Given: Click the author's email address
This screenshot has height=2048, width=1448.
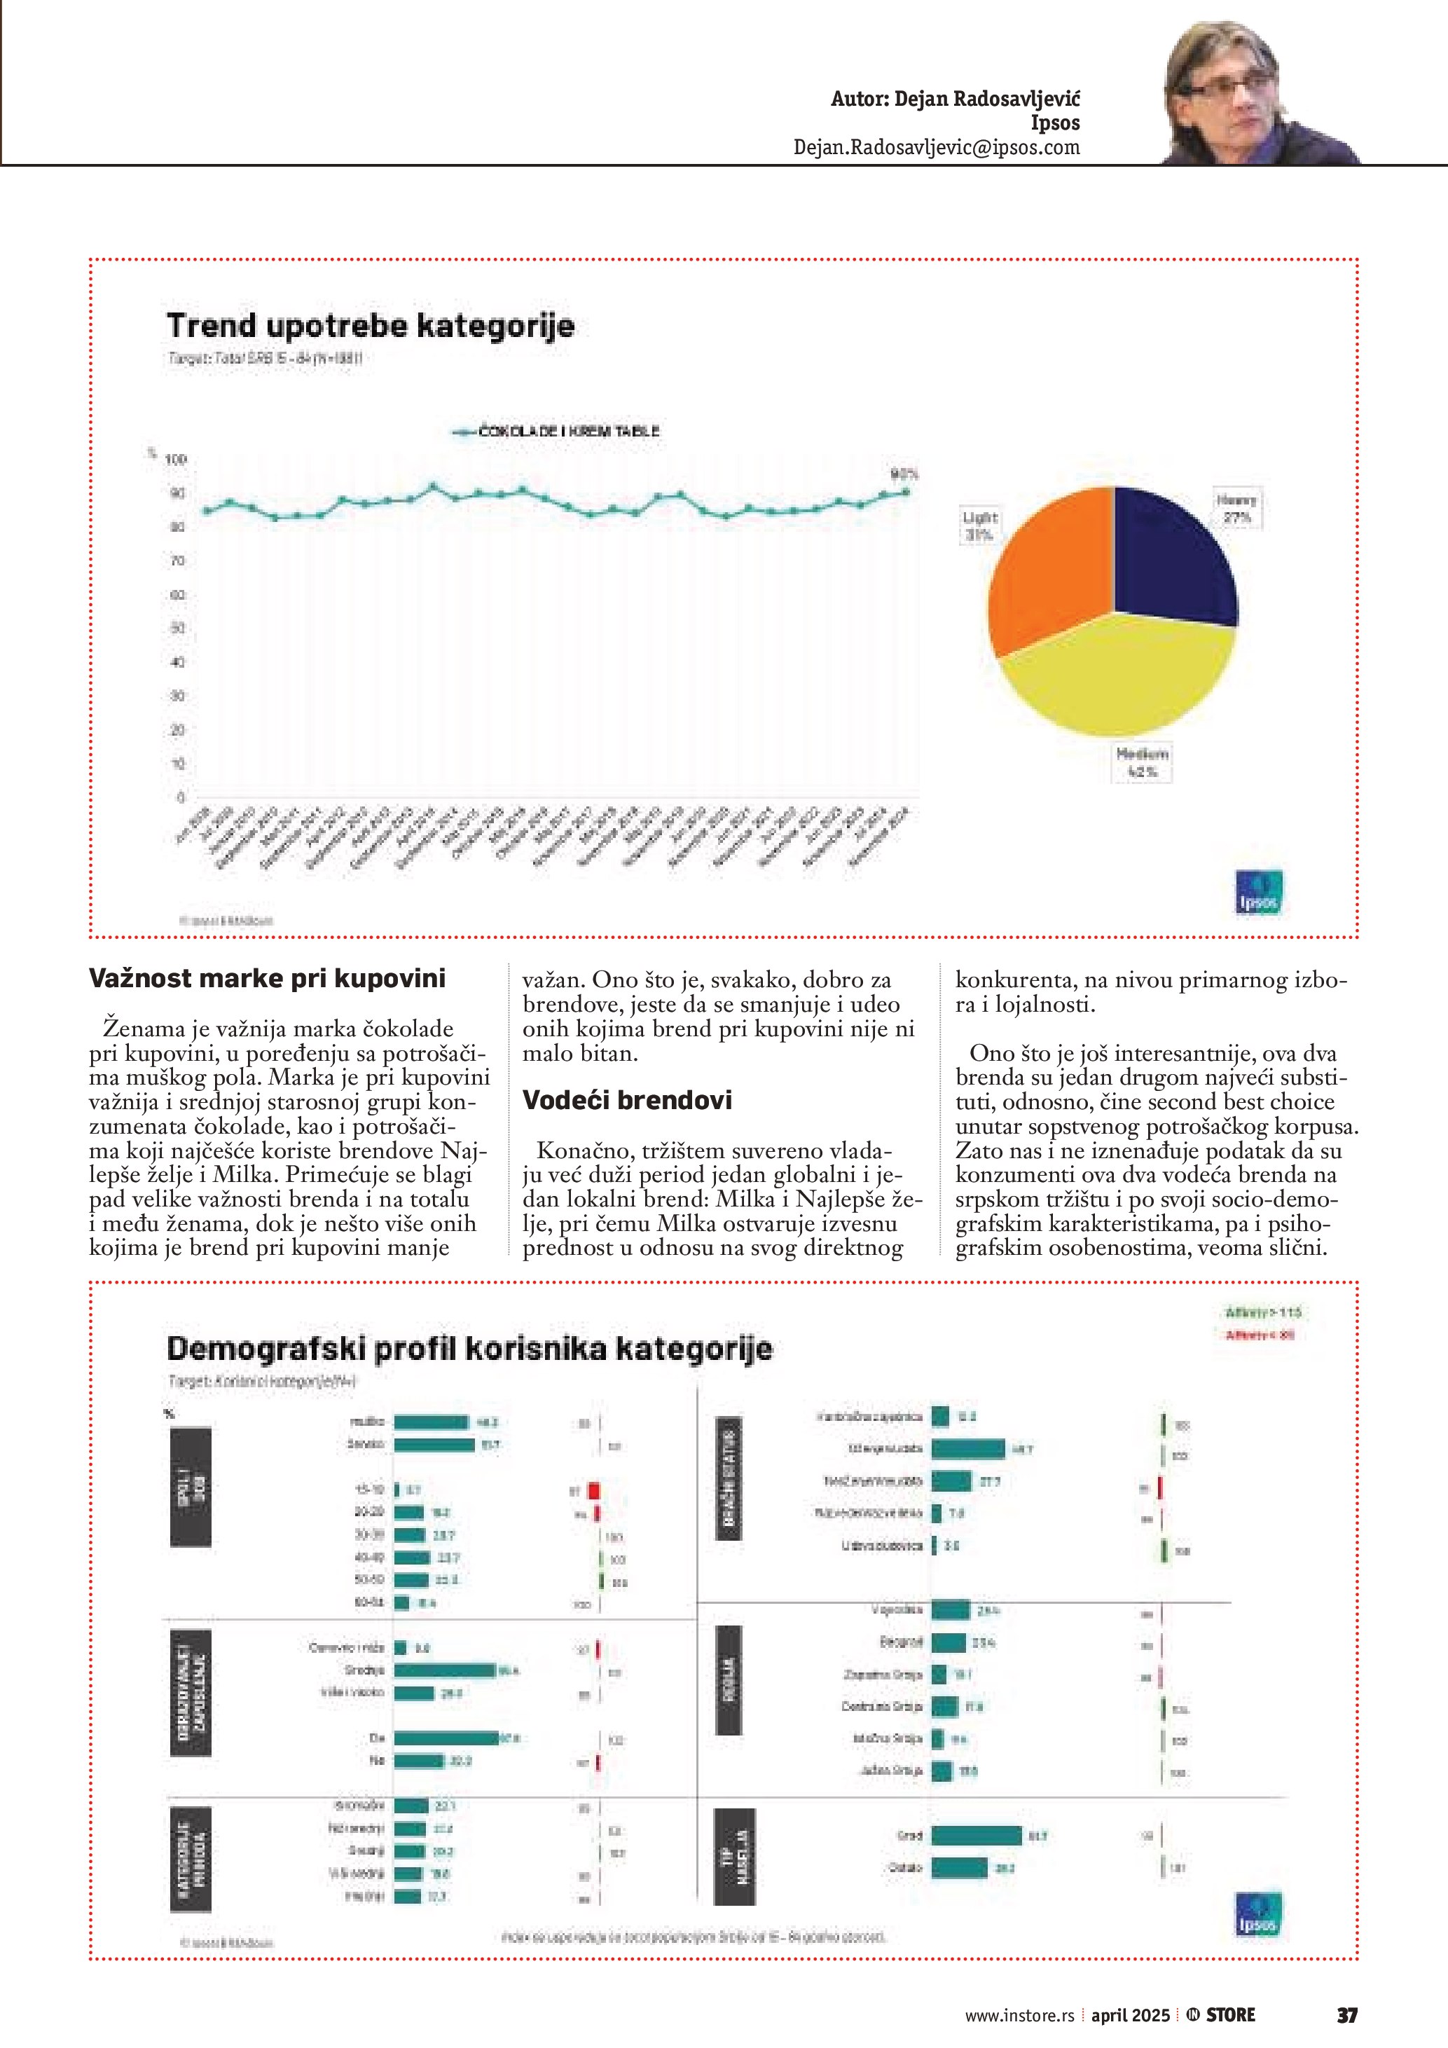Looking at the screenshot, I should pos(936,148).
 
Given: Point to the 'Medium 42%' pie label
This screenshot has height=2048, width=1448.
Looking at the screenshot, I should pos(1142,762).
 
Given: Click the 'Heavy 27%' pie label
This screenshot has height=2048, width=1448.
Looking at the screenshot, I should pos(1236,509).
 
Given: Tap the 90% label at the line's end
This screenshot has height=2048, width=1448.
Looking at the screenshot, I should pos(904,474).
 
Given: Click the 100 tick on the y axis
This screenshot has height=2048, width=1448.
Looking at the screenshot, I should pos(176,460).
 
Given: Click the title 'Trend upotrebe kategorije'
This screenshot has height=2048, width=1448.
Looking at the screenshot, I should pos(370,326).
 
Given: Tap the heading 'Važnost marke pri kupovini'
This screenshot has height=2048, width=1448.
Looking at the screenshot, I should pos(267,979).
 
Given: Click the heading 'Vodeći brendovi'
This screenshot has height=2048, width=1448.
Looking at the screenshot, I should pos(627,1100).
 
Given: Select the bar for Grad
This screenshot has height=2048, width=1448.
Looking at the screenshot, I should pos(977,1836).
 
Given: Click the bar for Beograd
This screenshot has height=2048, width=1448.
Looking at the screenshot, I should pos(949,1642).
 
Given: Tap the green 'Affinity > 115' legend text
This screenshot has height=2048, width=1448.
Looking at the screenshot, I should pos(1264,1313).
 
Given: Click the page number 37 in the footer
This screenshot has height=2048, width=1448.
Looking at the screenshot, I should pos(1346,2015).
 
